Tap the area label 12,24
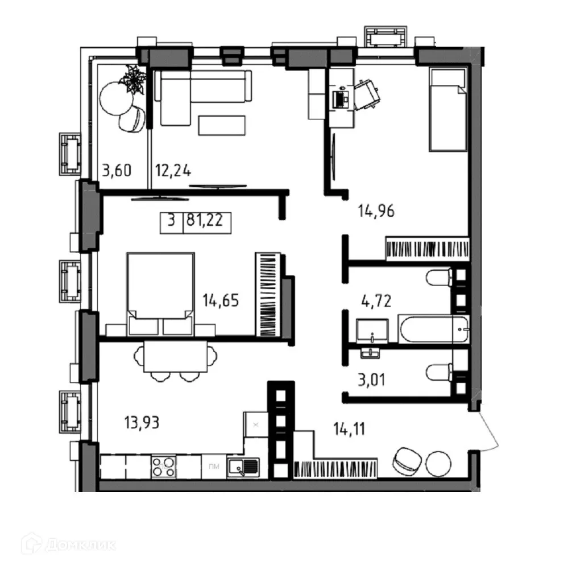tap(173, 170)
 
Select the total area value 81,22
tap(207, 220)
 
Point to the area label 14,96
tap(376, 211)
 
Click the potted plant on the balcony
tap(135, 80)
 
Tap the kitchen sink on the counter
tap(243, 467)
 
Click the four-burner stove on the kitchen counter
tap(164, 467)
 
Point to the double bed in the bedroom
tap(160, 293)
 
